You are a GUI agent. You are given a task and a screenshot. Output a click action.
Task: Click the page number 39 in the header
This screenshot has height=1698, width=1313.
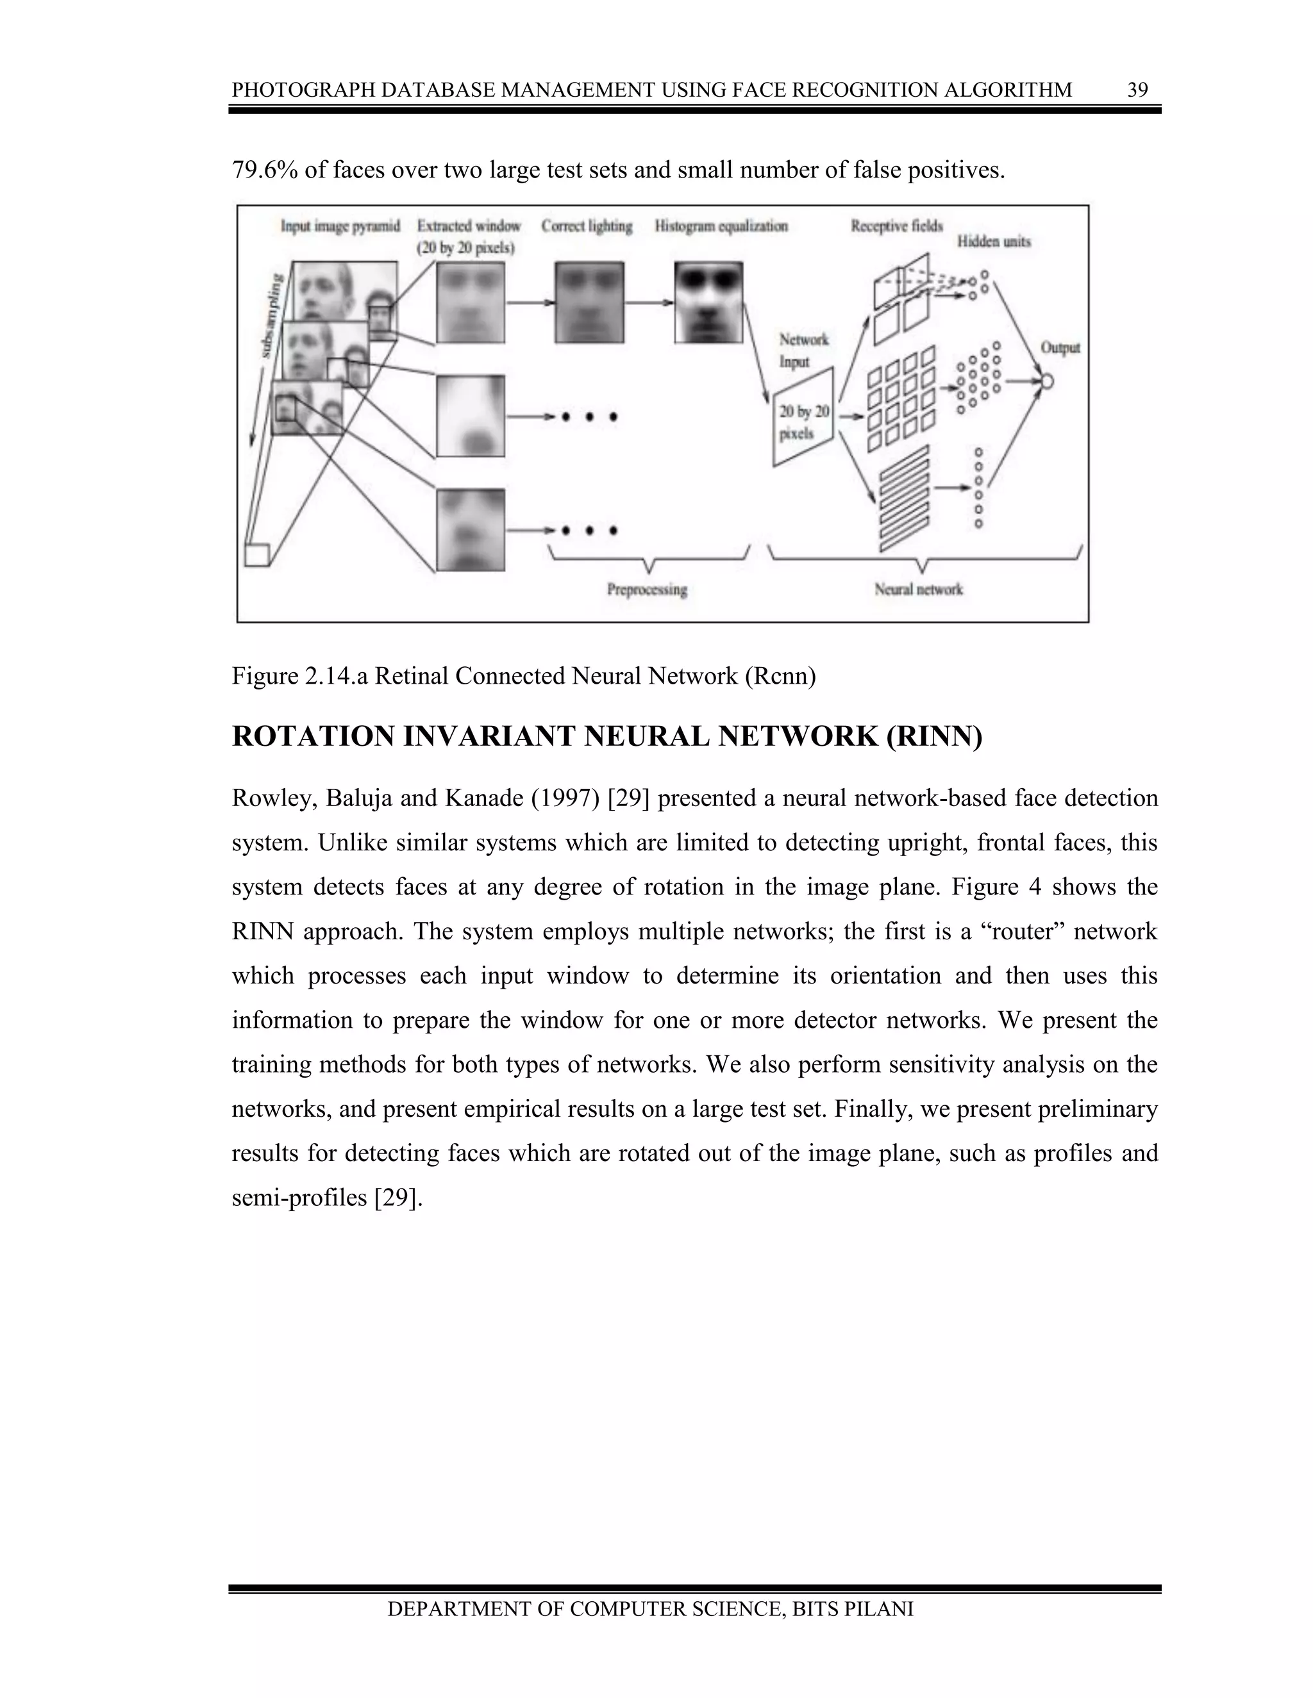(x=1137, y=90)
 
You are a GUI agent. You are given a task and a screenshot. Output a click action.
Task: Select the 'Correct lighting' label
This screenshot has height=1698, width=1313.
(x=587, y=226)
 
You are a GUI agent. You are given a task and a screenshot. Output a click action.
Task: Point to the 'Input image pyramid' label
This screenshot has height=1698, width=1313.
(x=340, y=226)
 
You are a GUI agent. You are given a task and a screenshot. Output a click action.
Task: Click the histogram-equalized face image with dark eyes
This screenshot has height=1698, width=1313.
(x=708, y=302)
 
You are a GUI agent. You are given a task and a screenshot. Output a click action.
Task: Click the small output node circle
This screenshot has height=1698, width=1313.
(x=1046, y=382)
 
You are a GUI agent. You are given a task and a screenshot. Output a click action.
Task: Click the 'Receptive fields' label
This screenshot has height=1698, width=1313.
(x=896, y=226)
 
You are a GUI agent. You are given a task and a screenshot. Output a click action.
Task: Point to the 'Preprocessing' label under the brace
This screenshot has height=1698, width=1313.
(x=646, y=589)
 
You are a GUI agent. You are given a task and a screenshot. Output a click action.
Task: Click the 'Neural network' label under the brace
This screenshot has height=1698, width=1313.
(x=918, y=589)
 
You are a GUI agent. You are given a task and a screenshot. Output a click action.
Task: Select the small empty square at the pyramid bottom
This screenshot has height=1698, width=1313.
(x=256, y=554)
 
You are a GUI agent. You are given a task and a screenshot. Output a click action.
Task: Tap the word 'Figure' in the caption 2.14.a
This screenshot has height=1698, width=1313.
(x=263, y=677)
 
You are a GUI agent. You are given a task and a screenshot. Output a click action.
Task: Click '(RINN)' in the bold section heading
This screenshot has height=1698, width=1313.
(x=933, y=737)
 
